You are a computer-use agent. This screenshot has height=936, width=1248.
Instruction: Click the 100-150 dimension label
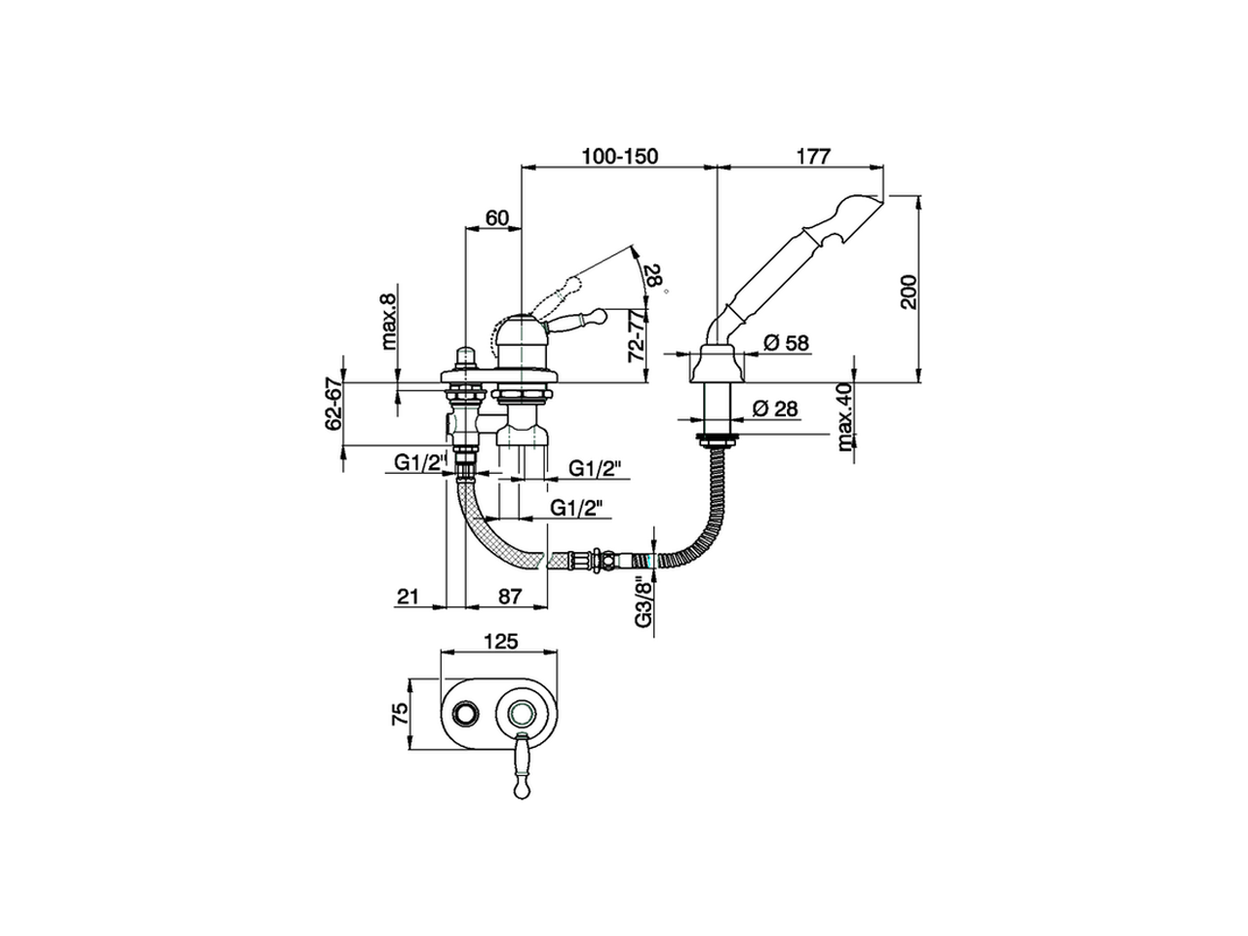(x=620, y=155)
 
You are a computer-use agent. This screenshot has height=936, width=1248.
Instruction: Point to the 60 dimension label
(x=496, y=218)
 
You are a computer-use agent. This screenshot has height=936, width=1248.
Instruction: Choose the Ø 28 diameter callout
(x=776, y=408)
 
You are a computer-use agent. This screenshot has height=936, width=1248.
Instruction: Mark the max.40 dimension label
(x=843, y=417)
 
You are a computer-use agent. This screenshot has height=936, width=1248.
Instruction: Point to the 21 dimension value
(x=409, y=596)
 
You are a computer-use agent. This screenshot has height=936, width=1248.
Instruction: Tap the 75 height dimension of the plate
(x=398, y=715)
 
